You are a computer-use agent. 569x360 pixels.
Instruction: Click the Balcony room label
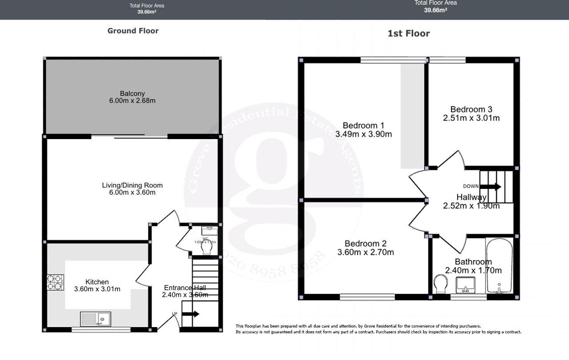132,93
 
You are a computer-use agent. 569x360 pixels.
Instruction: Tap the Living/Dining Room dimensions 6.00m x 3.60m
132,192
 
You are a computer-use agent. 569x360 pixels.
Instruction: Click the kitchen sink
96,319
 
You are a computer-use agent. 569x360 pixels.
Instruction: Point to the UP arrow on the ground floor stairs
190,314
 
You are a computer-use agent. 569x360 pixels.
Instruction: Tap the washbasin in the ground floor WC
209,231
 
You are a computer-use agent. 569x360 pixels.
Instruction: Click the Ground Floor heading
133,31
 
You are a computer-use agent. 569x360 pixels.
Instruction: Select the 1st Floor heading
409,33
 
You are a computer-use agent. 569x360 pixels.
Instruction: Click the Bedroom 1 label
363,126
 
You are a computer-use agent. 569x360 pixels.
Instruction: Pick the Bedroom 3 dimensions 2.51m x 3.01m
471,118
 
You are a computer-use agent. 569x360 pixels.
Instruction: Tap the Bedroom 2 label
365,244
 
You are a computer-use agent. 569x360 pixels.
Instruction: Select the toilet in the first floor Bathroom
441,284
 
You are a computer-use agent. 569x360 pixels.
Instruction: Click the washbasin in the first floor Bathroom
465,285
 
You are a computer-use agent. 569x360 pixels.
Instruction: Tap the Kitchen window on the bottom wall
101,330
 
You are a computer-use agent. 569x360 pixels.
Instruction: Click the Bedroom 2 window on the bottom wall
367,297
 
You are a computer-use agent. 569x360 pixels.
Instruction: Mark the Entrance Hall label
184,288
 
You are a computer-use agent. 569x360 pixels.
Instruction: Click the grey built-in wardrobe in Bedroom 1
412,116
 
